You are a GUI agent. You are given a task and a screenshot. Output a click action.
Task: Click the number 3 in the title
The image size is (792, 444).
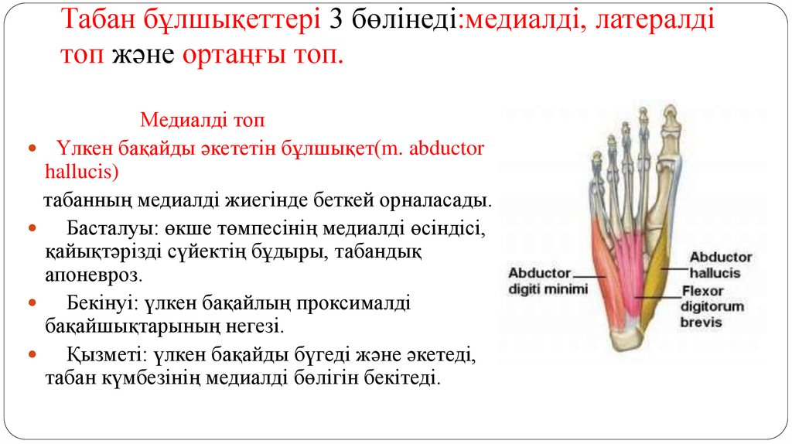pyautogui.click(x=335, y=21)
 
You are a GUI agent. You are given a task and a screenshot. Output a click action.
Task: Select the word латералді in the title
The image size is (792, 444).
pyautogui.click(x=651, y=21)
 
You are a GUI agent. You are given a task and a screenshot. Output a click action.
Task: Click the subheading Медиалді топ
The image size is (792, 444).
pyautogui.click(x=202, y=120)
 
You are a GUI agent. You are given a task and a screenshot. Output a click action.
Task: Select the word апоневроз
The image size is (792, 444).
pyautogui.click(x=94, y=274)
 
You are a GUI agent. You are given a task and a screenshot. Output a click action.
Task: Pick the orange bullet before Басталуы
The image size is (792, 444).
pyautogui.click(x=32, y=230)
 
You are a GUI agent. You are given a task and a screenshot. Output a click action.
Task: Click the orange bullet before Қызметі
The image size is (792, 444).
pyautogui.click(x=32, y=357)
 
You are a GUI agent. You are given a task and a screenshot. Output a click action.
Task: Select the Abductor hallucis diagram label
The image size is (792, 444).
pyautogui.click(x=720, y=265)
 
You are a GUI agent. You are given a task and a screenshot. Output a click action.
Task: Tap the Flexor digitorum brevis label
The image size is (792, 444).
pyautogui.click(x=712, y=306)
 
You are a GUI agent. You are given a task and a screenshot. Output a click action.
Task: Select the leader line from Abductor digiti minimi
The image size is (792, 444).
pyautogui.click(x=590, y=275)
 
